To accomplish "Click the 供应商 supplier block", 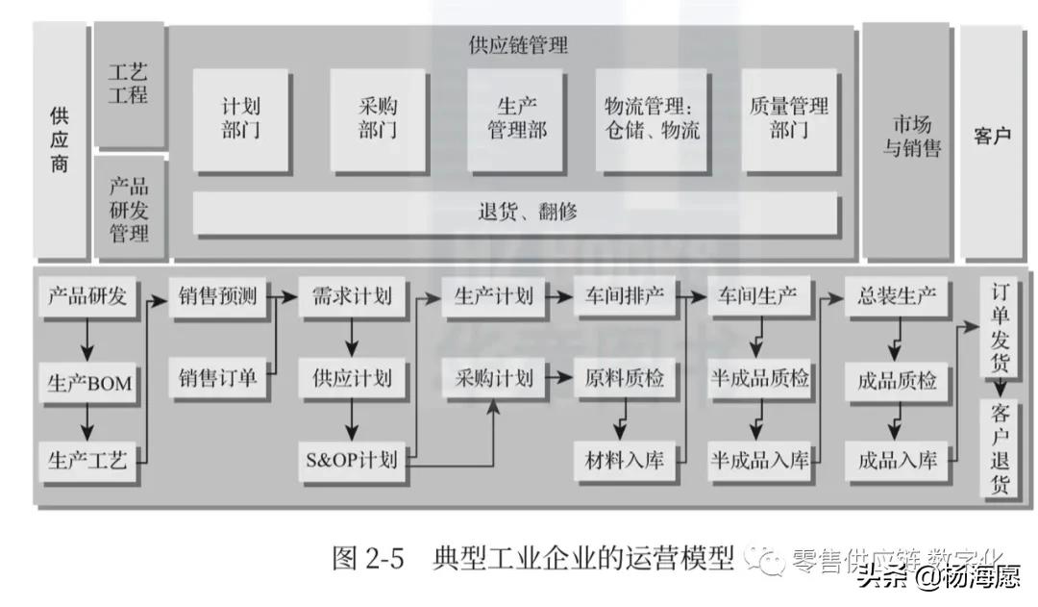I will tap(60, 140).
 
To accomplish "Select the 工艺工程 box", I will tap(129, 84).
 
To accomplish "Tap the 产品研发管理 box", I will tap(129, 209).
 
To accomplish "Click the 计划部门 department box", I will tap(240, 118).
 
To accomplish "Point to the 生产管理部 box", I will tap(515, 118).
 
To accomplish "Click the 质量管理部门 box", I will tap(788, 118).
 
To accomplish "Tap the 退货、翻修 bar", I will tap(515, 213).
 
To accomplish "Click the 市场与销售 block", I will tap(904, 140).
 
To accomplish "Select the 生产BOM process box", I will tap(88, 385).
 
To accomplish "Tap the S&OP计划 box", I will tap(351, 459).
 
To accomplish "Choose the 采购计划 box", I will tap(494, 376).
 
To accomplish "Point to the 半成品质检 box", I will tap(759, 378).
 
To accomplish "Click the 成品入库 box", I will tap(897, 459).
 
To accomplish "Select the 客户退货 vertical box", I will tap(1001, 448).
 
